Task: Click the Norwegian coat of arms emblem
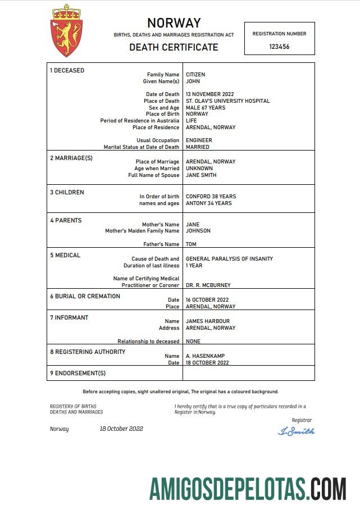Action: tap(66, 31)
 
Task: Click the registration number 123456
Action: tap(279, 47)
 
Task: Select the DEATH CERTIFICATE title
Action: tap(174, 47)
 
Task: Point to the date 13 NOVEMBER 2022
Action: tap(209, 94)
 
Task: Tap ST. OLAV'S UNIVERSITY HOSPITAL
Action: tap(227, 101)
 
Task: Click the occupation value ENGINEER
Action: tap(199, 140)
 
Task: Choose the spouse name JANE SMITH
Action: tap(201, 175)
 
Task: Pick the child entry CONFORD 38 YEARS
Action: tap(211, 197)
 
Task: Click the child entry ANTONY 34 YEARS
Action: tap(208, 203)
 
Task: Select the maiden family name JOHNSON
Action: tap(198, 231)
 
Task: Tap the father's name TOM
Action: tap(191, 244)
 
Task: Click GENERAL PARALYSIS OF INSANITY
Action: tap(229, 259)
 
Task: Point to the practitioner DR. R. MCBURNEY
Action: tap(208, 285)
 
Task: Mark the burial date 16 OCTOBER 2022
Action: tap(207, 300)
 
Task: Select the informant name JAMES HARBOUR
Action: tap(208, 321)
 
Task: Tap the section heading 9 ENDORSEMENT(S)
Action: tap(78, 373)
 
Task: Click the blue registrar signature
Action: tap(297, 431)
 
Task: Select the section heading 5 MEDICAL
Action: tap(65, 255)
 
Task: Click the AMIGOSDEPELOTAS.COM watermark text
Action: tap(248, 489)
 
